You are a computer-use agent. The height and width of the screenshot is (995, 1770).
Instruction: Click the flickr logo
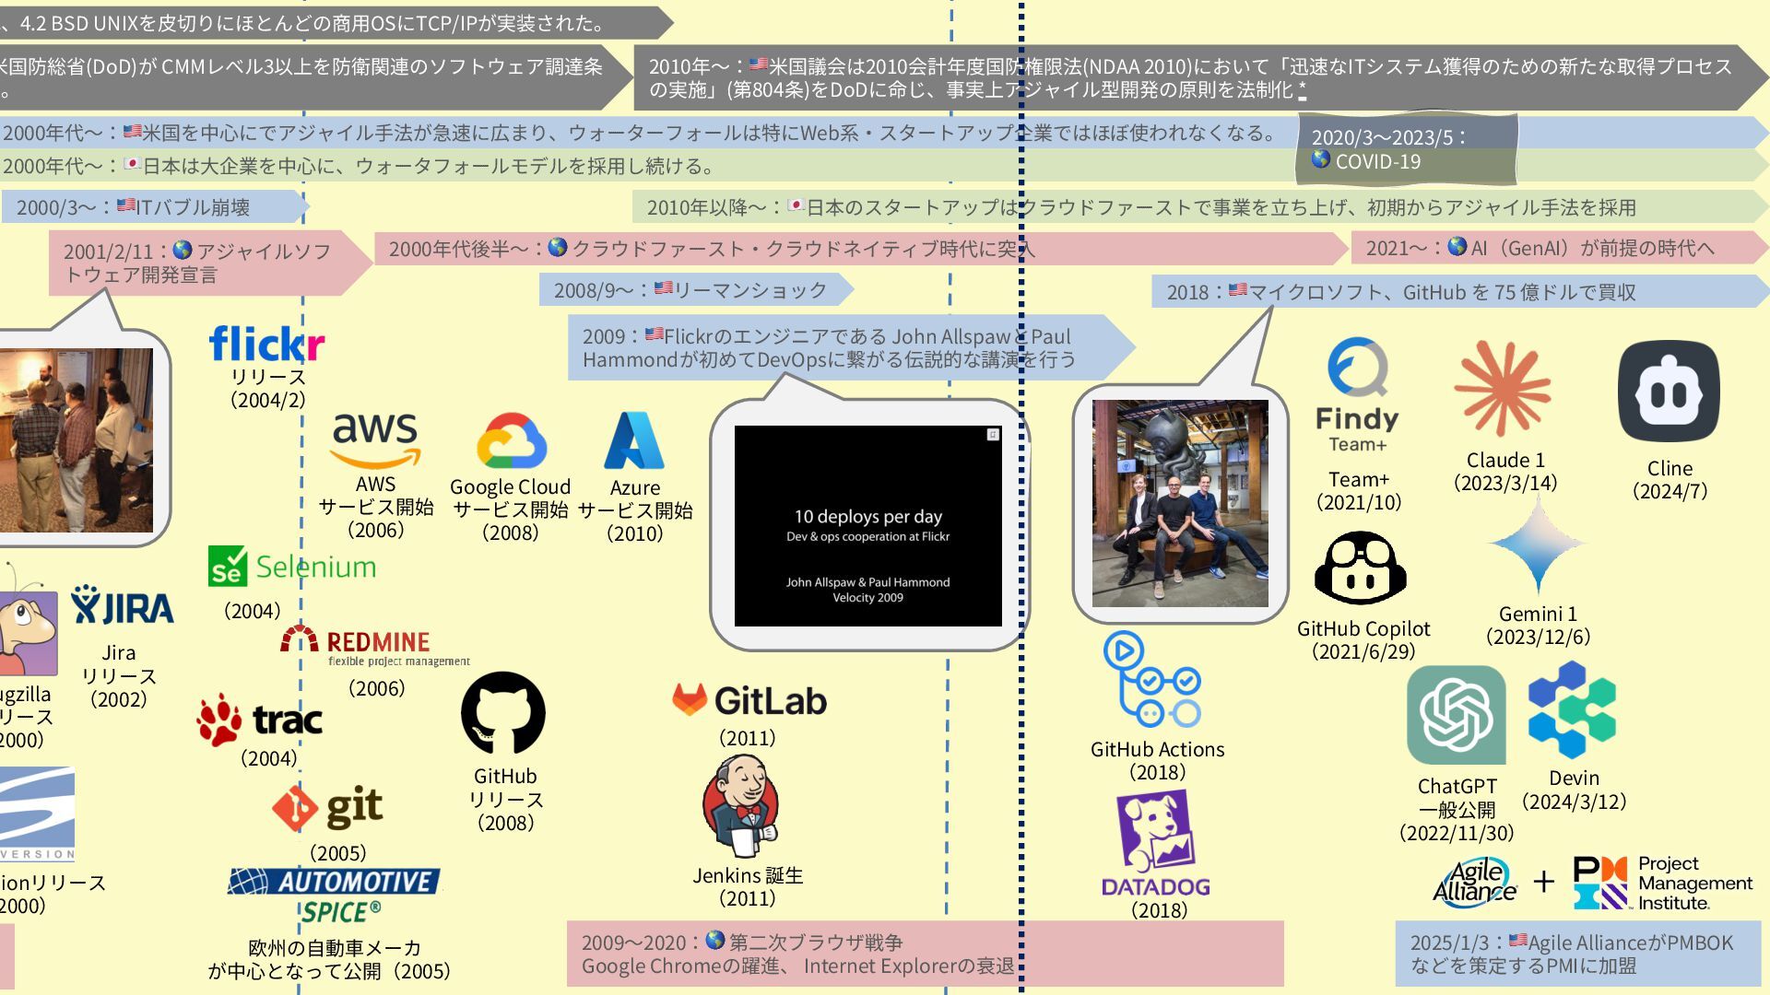(266, 344)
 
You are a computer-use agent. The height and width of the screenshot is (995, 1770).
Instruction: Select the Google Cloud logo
(511, 441)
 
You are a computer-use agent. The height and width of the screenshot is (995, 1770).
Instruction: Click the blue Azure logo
(634, 440)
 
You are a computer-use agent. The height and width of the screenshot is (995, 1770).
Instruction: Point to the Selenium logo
(292, 567)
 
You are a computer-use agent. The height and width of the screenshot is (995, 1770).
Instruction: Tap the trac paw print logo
(219, 720)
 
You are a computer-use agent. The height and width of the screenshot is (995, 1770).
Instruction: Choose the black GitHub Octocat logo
(503, 713)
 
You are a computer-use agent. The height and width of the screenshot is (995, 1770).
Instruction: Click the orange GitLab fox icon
(689, 700)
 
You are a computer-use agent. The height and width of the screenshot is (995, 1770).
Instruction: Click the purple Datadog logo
(1156, 843)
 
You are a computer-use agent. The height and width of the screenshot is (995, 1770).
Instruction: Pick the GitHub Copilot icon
(1361, 568)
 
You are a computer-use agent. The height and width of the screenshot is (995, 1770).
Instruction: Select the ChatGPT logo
(1456, 715)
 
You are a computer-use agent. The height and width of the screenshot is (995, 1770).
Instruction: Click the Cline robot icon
(1669, 392)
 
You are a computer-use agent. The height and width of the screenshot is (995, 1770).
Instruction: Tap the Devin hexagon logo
(1572, 710)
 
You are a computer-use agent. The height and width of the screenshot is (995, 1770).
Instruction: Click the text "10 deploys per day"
(867, 517)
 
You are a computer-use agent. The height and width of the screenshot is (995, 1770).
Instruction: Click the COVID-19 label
(1377, 162)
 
